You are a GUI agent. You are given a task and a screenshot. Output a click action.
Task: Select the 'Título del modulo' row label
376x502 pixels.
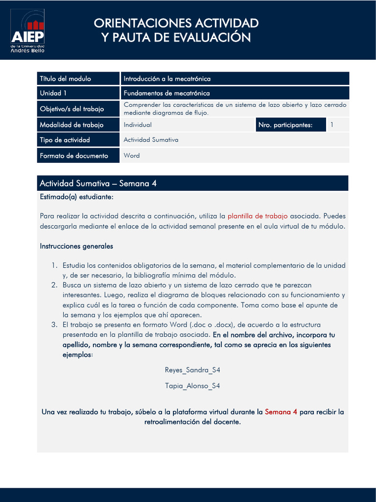point(65,78)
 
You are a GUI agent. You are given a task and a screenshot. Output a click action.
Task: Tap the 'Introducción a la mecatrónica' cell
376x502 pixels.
point(167,78)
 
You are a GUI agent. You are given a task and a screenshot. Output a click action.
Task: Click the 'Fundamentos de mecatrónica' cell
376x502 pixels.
point(166,93)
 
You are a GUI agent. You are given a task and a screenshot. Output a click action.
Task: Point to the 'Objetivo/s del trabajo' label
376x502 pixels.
point(71,109)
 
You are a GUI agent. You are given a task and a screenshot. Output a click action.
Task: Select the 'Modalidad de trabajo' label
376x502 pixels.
point(71,125)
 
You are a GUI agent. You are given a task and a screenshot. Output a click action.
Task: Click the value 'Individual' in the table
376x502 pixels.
point(138,125)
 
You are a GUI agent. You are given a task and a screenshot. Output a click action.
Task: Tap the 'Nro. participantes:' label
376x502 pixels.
point(285,125)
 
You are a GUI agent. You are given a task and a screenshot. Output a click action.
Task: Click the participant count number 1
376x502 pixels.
point(332,125)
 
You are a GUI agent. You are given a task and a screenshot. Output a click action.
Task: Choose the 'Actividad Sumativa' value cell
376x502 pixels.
point(151,140)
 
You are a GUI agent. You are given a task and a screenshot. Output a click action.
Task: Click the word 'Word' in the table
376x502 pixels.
point(132,155)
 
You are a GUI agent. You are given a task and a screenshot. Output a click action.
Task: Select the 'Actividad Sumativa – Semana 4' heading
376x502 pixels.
point(98,183)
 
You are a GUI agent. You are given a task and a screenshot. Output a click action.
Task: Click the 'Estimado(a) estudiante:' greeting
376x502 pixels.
point(76,197)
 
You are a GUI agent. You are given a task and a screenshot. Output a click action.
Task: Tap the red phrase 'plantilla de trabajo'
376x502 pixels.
point(258,216)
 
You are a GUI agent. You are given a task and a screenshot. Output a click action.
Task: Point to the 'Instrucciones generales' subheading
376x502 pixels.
point(76,246)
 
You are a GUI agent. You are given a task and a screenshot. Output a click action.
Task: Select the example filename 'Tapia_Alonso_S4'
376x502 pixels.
point(192,386)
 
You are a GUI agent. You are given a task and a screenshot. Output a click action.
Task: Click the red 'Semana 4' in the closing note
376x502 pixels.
point(281,412)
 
